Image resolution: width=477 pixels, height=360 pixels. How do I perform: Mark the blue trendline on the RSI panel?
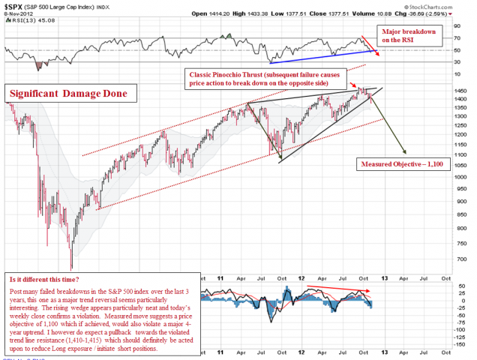322,56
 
